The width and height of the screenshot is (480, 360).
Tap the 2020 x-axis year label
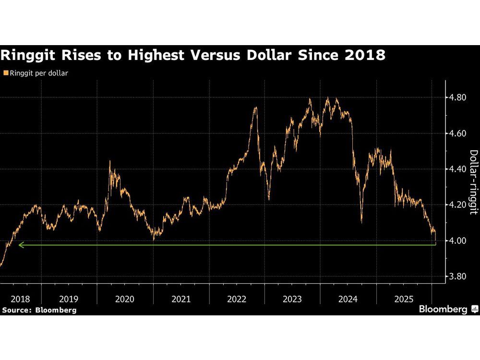[125, 299]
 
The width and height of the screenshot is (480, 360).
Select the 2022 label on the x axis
[237, 299]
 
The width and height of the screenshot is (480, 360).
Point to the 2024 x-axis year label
[348, 299]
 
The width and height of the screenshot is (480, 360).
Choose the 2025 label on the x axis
[404, 299]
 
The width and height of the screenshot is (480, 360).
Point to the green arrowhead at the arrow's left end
[20, 245]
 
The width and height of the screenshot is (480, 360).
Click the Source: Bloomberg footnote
[39, 310]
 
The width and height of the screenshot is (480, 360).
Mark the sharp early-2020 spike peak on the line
[110, 161]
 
